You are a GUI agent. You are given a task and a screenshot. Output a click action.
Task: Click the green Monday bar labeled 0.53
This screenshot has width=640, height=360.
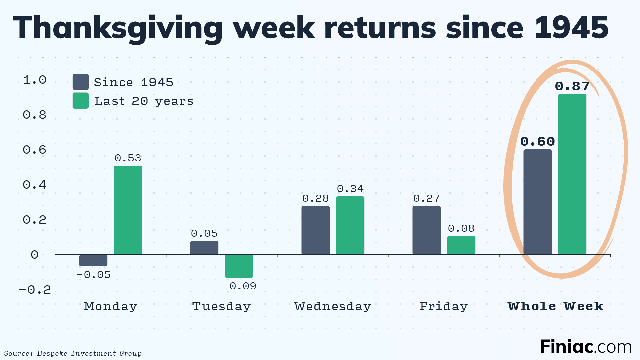pos(128,210)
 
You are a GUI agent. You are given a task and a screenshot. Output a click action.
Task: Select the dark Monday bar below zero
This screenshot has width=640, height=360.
pos(93,260)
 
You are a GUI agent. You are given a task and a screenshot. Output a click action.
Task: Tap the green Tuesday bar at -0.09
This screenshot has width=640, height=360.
pos(239,266)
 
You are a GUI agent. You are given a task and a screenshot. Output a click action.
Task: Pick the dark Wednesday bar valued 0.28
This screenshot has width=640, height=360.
pos(315,230)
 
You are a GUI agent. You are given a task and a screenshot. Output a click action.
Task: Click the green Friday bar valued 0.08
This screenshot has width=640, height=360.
pos(461,245)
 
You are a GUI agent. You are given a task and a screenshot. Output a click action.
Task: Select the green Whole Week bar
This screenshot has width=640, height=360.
pos(572,174)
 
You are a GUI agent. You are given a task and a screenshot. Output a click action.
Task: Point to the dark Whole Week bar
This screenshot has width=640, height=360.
pos(537,202)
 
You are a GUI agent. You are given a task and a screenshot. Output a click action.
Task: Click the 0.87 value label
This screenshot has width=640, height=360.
pos(572,86)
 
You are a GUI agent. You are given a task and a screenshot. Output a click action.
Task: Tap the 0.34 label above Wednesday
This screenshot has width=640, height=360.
pos(350,189)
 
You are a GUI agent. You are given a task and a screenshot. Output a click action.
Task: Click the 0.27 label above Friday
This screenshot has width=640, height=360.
pos(426,198)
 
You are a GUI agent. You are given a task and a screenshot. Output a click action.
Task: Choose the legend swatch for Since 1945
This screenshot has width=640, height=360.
pos(81,82)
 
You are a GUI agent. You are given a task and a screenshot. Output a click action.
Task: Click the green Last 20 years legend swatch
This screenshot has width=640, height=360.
pos(81,101)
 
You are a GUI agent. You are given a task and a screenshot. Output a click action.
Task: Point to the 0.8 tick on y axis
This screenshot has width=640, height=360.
pos(34,115)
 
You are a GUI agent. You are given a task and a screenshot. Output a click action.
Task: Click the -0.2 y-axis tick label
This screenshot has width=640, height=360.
pos(35,289)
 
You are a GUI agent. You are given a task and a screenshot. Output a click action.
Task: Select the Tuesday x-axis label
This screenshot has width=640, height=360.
pos(221,306)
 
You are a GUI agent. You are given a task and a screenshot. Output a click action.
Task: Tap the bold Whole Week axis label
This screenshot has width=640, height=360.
pos(555,306)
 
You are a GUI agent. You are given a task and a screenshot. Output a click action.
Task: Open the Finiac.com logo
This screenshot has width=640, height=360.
pos(585,347)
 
